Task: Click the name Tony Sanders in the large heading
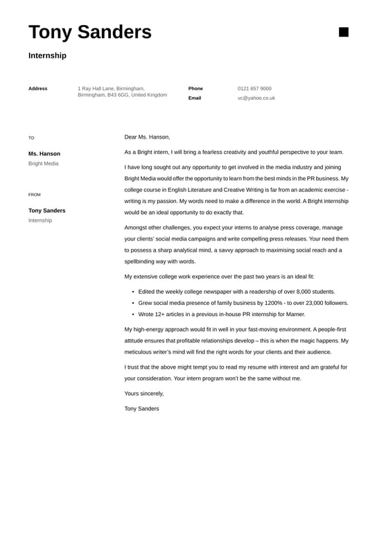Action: pyautogui.click(x=90, y=32)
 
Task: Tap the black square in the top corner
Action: pyautogui.click(x=344, y=32)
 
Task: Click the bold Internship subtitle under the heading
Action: pyautogui.click(x=47, y=55)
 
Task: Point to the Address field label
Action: pyautogui.click(x=38, y=89)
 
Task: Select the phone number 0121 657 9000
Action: pyautogui.click(x=254, y=89)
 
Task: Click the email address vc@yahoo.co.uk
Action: pyautogui.click(x=256, y=98)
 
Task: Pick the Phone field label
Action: pyautogui.click(x=195, y=89)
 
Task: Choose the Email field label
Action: pyautogui.click(x=195, y=98)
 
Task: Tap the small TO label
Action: pyautogui.click(x=31, y=138)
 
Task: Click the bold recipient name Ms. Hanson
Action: pyautogui.click(x=44, y=154)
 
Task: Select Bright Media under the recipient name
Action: pyautogui.click(x=44, y=164)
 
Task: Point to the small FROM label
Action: pyautogui.click(x=35, y=195)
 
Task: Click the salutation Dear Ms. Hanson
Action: pyautogui.click(x=147, y=137)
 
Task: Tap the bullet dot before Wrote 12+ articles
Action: pyautogui.click(x=132, y=314)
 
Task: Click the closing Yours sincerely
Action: pyautogui.click(x=144, y=394)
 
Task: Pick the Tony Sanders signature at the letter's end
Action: pyautogui.click(x=141, y=409)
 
